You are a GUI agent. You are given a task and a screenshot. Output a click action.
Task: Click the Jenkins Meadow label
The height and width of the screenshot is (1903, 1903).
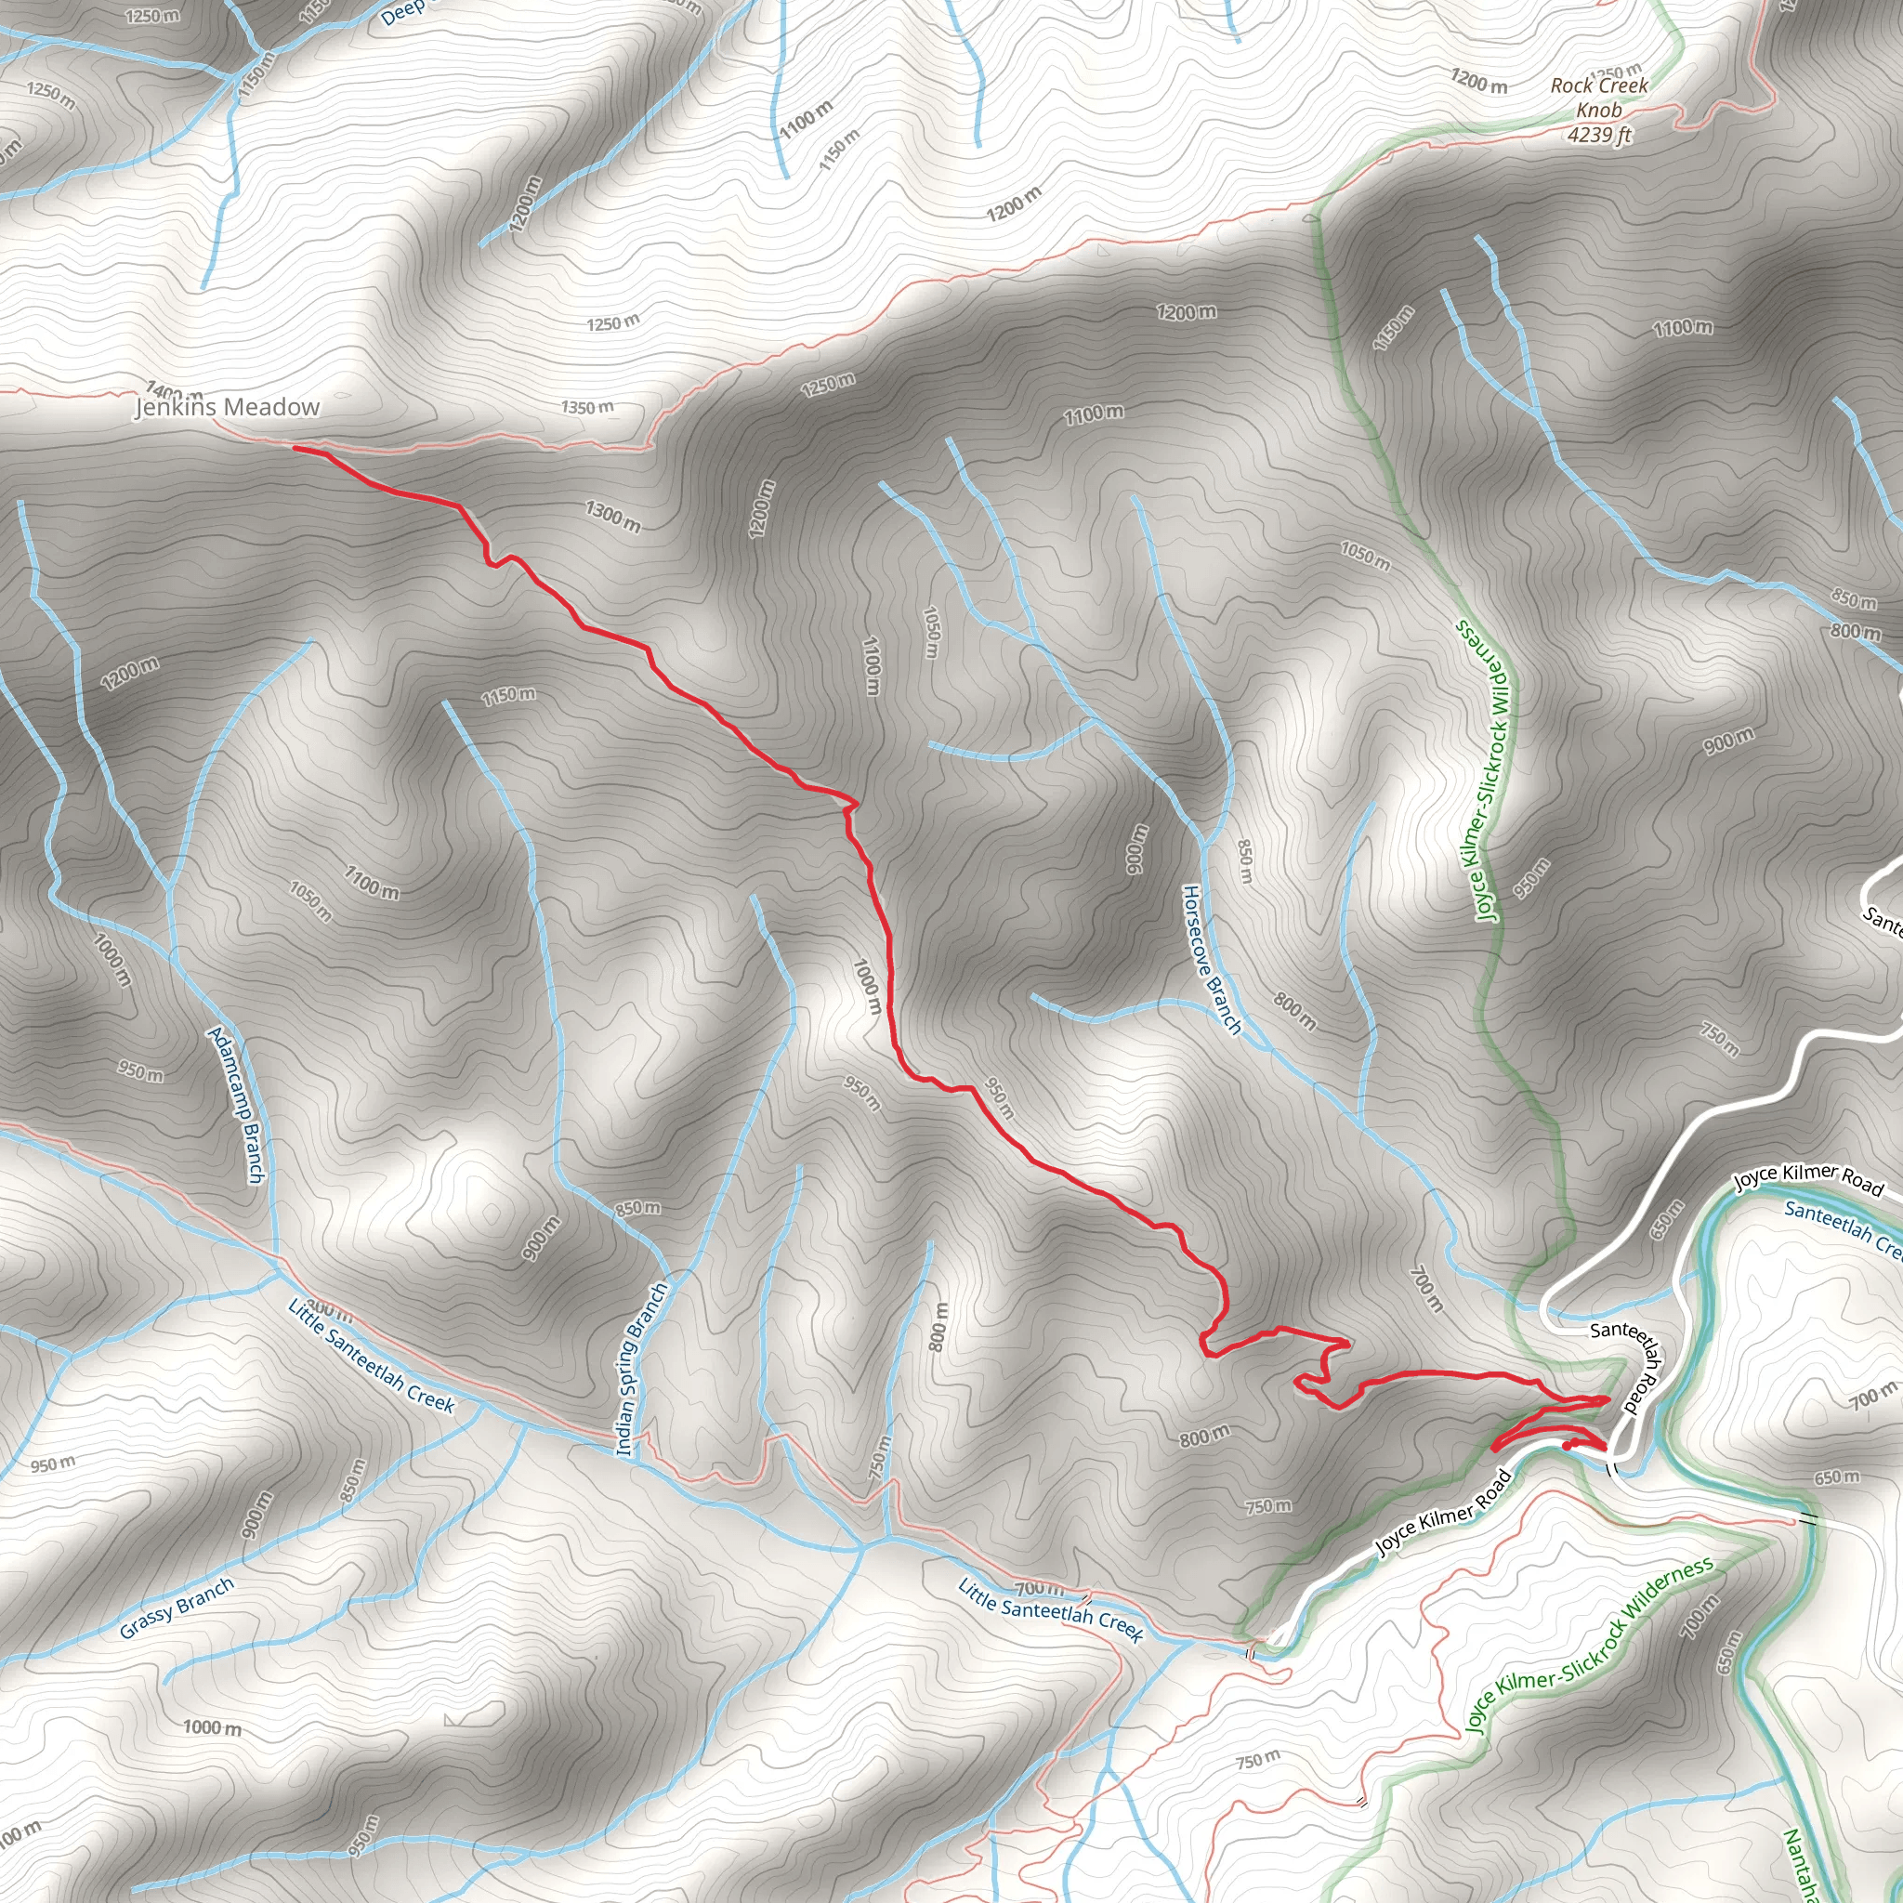click(x=227, y=407)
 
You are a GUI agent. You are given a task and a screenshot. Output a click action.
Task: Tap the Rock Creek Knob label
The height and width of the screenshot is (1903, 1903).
click(x=1598, y=98)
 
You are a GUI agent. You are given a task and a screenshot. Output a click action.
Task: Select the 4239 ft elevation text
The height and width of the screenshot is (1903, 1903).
click(x=1600, y=135)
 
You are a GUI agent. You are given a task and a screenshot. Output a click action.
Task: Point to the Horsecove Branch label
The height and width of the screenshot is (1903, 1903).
click(x=1212, y=959)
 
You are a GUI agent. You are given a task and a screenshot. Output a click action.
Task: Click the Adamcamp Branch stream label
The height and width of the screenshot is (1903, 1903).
click(x=236, y=1104)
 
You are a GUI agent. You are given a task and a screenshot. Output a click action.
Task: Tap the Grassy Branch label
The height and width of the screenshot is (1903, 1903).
click(x=177, y=1608)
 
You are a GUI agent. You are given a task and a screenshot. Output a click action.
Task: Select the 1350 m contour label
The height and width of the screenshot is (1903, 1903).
click(x=587, y=408)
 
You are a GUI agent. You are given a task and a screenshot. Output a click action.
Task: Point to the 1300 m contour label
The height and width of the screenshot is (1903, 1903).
click(x=612, y=515)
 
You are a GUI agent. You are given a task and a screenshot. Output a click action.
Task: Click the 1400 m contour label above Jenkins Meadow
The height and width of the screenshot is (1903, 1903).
click(x=174, y=391)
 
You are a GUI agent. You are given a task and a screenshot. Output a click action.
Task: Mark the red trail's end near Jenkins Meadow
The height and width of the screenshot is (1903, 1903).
click(x=295, y=448)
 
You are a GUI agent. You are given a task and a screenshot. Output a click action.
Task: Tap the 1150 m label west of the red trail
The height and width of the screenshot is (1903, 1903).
click(x=508, y=695)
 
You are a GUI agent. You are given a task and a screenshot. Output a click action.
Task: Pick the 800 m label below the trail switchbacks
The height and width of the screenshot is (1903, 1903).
click(x=1204, y=1437)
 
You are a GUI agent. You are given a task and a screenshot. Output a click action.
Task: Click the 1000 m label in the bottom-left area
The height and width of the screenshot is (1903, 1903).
click(x=212, y=1727)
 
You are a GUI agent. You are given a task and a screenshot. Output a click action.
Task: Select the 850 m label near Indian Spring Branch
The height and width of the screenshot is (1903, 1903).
click(x=638, y=1209)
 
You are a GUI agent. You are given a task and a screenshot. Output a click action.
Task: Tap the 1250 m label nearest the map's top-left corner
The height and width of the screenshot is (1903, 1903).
click(x=152, y=16)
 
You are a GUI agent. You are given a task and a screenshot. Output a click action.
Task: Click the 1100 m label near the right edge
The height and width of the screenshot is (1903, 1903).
click(x=1684, y=328)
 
